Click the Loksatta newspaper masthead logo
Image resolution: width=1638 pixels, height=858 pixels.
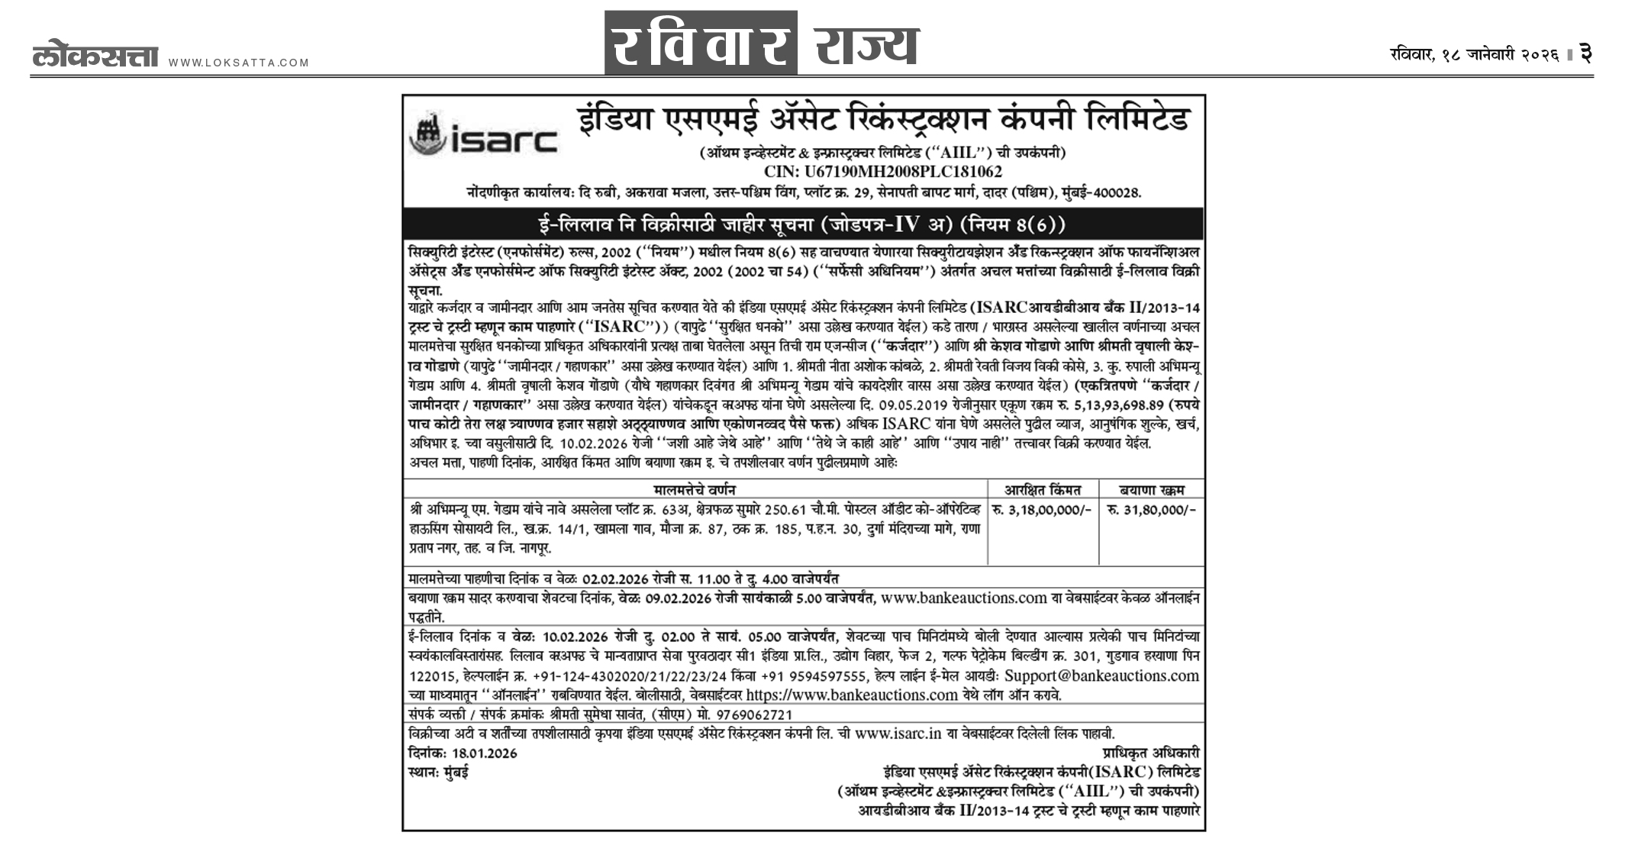pyautogui.click(x=95, y=57)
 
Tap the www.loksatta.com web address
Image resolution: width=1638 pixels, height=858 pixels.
pyautogui.click(x=239, y=63)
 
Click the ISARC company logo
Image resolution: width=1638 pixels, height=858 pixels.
pyautogui.click(x=483, y=136)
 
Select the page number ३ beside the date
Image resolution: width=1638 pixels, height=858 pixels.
pyautogui.click(x=1585, y=54)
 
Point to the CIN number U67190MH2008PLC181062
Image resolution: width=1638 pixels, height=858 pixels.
pyautogui.click(x=882, y=172)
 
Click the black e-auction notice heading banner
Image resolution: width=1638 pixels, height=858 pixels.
pyautogui.click(x=802, y=224)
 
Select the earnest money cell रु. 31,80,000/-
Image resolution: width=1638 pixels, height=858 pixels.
pyautogui.click(x=1152, y=510)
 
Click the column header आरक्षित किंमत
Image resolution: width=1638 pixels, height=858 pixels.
pyautogui.click(x=1042, y=489)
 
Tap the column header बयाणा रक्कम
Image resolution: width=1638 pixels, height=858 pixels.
pyautogui.click(x=1152, y=489)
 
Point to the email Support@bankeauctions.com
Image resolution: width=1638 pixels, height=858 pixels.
pyautogui.click(x=1101, y=676)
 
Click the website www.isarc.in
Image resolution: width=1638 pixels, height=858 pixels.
pyautogui.click(x=898, y=734)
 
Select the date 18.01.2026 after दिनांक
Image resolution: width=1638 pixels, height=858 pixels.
pyautogui.click(x=484, y=753)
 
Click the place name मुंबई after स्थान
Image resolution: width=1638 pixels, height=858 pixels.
pyautogui.click(x=456, y=773)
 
